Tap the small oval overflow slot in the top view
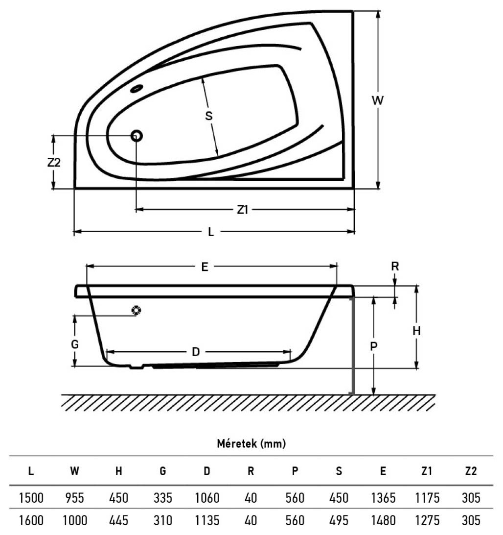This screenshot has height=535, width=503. coord(137,89)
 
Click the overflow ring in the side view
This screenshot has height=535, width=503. coord(136,310)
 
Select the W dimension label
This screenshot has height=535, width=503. coord(378,100)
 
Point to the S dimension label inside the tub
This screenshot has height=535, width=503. coord(209,116)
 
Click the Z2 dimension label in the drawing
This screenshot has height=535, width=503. coord(54,163)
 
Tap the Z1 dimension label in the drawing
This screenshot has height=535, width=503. coord(242,210)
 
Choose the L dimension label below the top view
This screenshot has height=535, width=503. coord(211,232)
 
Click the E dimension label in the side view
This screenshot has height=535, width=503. coord(205,267)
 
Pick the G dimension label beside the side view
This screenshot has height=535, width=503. coord(75,344)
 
